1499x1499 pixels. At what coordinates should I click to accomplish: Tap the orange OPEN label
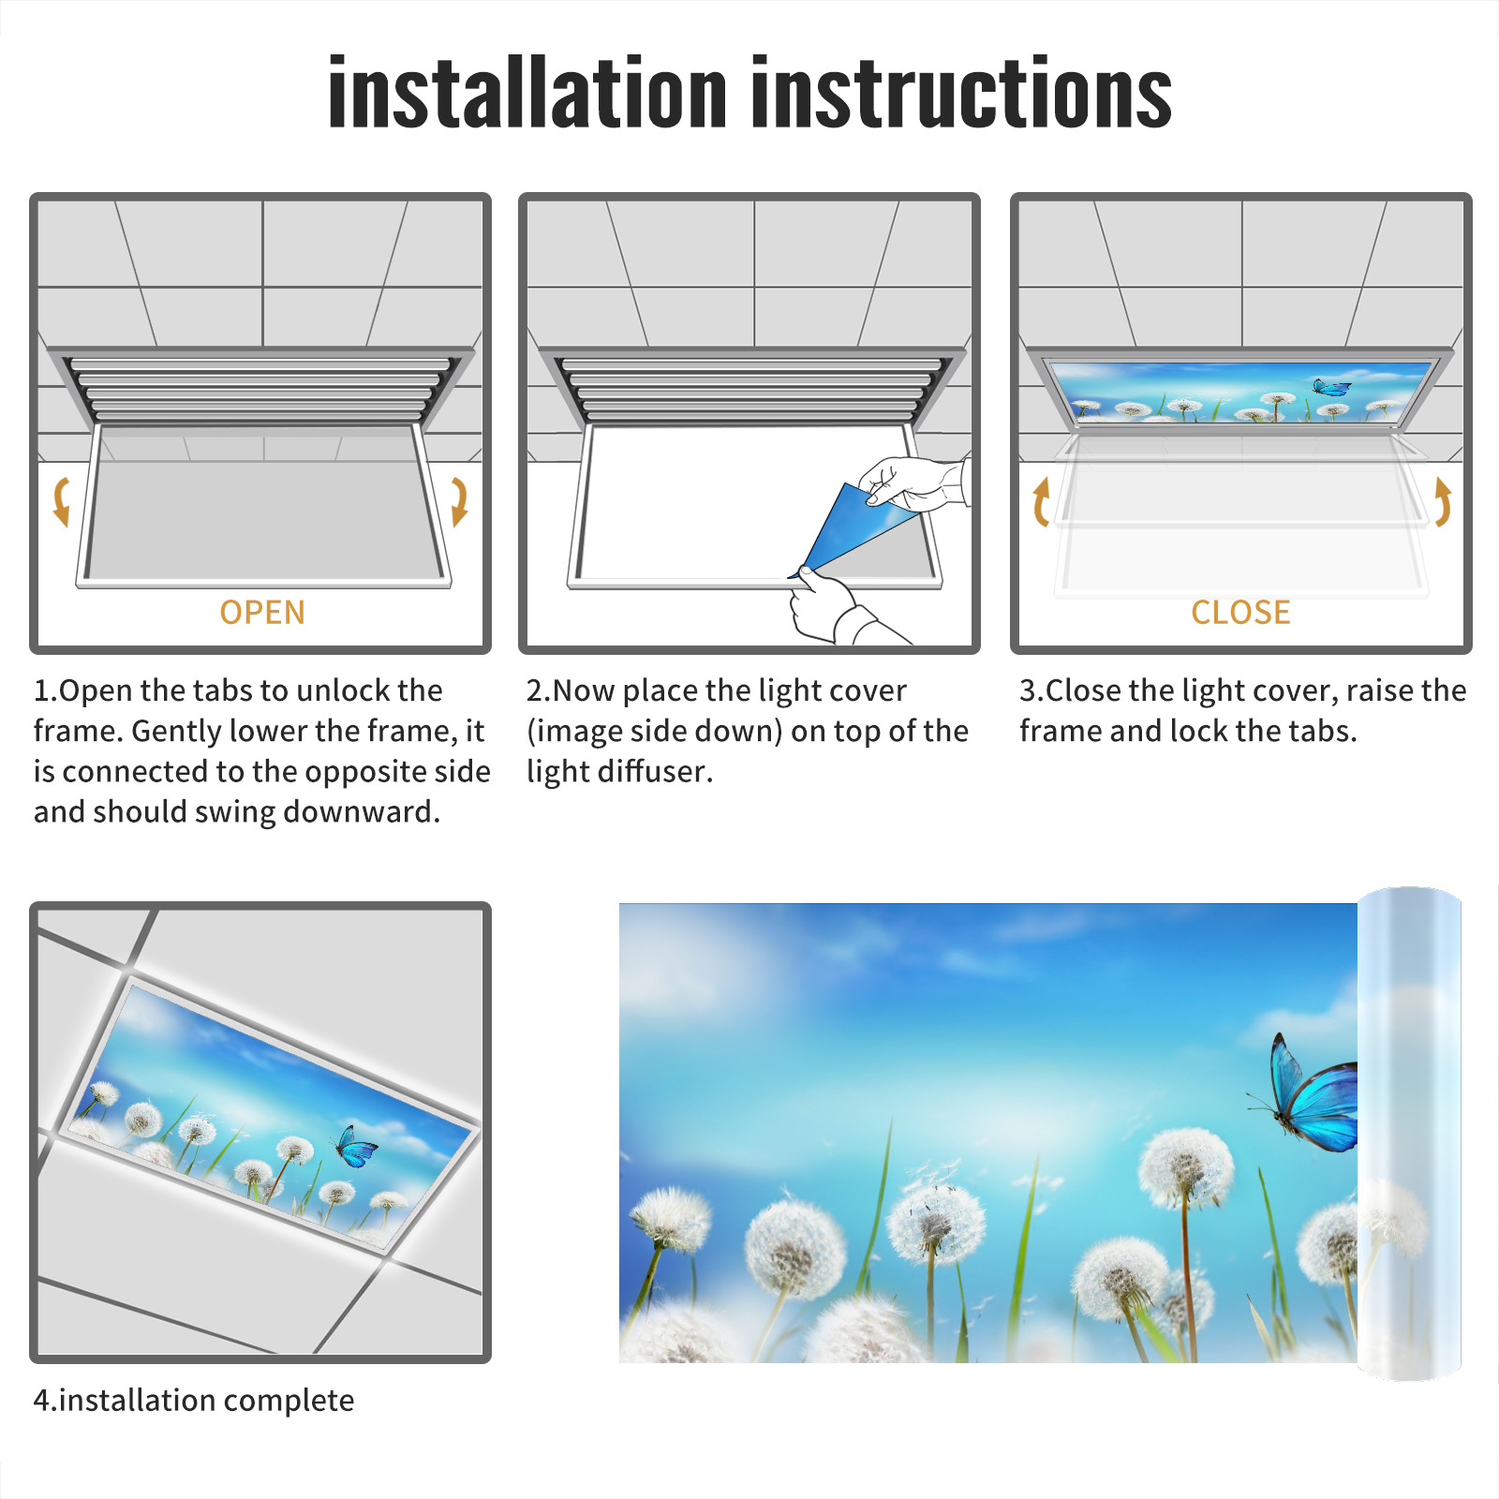click(x=262, y=612)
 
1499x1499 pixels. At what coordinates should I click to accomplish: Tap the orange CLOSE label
click(x=1240, y=612)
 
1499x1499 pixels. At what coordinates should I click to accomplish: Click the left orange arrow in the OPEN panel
click(x=61, y=501)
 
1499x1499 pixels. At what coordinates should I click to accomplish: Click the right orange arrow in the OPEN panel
click(x=459, y=501)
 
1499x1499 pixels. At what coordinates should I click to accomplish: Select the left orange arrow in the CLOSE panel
click(x=1041, y=501)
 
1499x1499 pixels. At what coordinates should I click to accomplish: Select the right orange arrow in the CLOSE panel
click(x=1443, y=501)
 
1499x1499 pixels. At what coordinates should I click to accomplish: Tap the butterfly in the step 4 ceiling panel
click(x=356, y=1147)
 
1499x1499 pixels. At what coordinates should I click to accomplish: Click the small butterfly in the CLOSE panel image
click(x=1331, y=387)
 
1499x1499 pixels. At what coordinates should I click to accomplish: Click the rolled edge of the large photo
click(x=1409, y=1134)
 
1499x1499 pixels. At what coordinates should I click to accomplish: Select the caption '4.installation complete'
click(x=194, y=1401)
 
